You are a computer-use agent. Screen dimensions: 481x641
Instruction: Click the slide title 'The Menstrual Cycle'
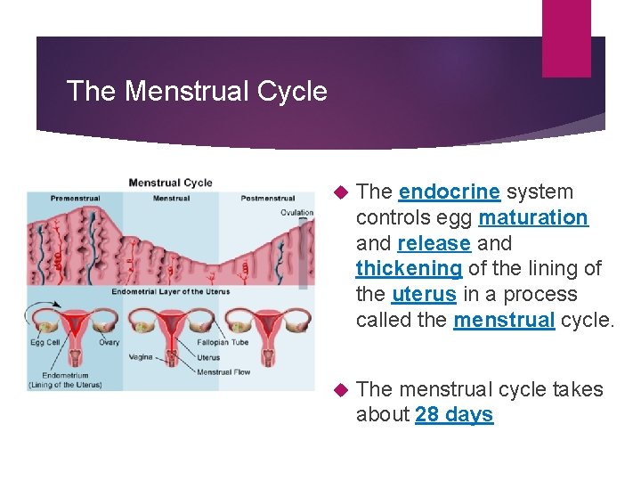tap(197, 91)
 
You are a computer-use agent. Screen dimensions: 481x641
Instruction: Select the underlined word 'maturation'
tap(532, 217)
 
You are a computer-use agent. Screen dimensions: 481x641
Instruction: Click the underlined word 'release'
tap(434, 243)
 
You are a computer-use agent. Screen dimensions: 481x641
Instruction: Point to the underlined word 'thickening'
tap(409, 268)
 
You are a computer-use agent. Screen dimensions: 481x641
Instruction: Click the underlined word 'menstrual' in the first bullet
tap(504, 320)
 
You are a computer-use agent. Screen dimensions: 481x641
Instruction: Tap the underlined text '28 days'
tap(454, 415)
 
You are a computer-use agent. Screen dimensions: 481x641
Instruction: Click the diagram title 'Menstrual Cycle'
tap(171, 183)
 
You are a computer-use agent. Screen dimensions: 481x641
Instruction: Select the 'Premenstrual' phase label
tap(75, 198)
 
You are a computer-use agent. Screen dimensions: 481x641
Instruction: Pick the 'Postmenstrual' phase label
tap(268, 198)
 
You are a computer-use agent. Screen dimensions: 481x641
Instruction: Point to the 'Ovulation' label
tap(296, 212)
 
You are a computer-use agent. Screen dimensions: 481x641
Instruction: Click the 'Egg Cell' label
tap(45, 341)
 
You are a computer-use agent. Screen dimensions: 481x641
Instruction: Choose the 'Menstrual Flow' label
tap(223, 371)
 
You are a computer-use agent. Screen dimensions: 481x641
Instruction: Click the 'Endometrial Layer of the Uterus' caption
tap(171, 291)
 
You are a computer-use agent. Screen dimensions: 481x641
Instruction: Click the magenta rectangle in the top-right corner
tap(566, 37)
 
